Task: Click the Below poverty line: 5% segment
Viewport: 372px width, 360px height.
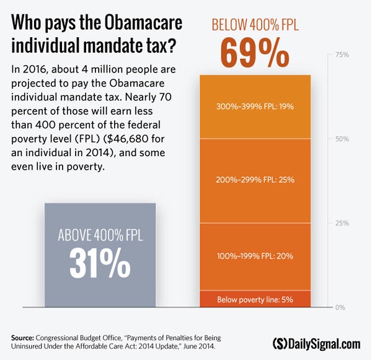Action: click(x=255, y=300)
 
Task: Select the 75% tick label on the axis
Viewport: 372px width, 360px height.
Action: click(x=342, y=55)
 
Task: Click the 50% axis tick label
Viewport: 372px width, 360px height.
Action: click(x=342, y=139)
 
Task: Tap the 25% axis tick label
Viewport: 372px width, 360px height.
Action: click(x=342, y=223)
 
